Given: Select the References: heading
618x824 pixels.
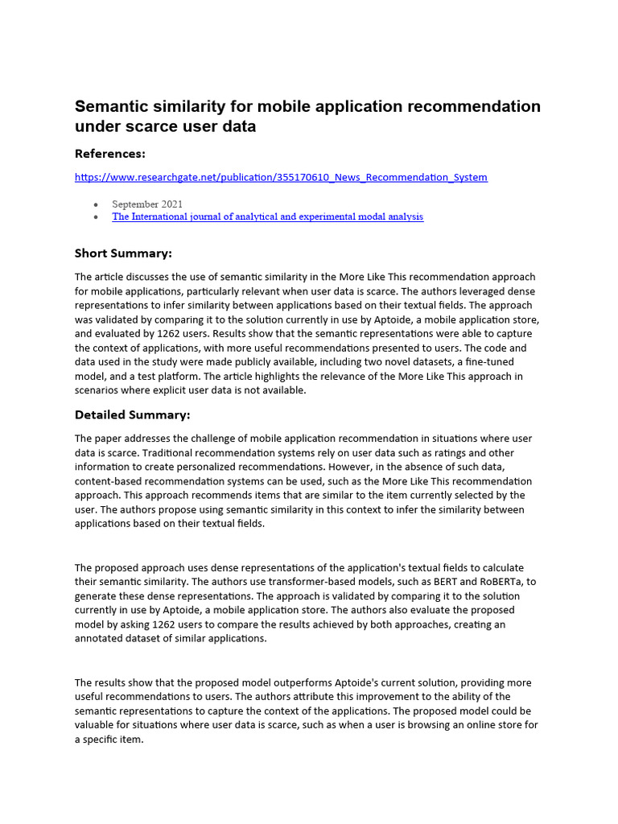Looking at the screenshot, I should click(110, 154).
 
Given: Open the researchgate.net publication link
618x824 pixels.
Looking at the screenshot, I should click(281, 177).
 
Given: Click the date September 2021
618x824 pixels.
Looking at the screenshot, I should click(146, 204).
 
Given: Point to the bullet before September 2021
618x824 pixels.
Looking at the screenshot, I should click(97, 204).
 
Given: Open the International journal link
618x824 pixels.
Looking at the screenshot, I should click(267, 216).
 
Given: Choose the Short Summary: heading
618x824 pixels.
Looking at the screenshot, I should click(123, 253).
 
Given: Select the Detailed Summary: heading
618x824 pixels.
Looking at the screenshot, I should click(132, 415).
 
